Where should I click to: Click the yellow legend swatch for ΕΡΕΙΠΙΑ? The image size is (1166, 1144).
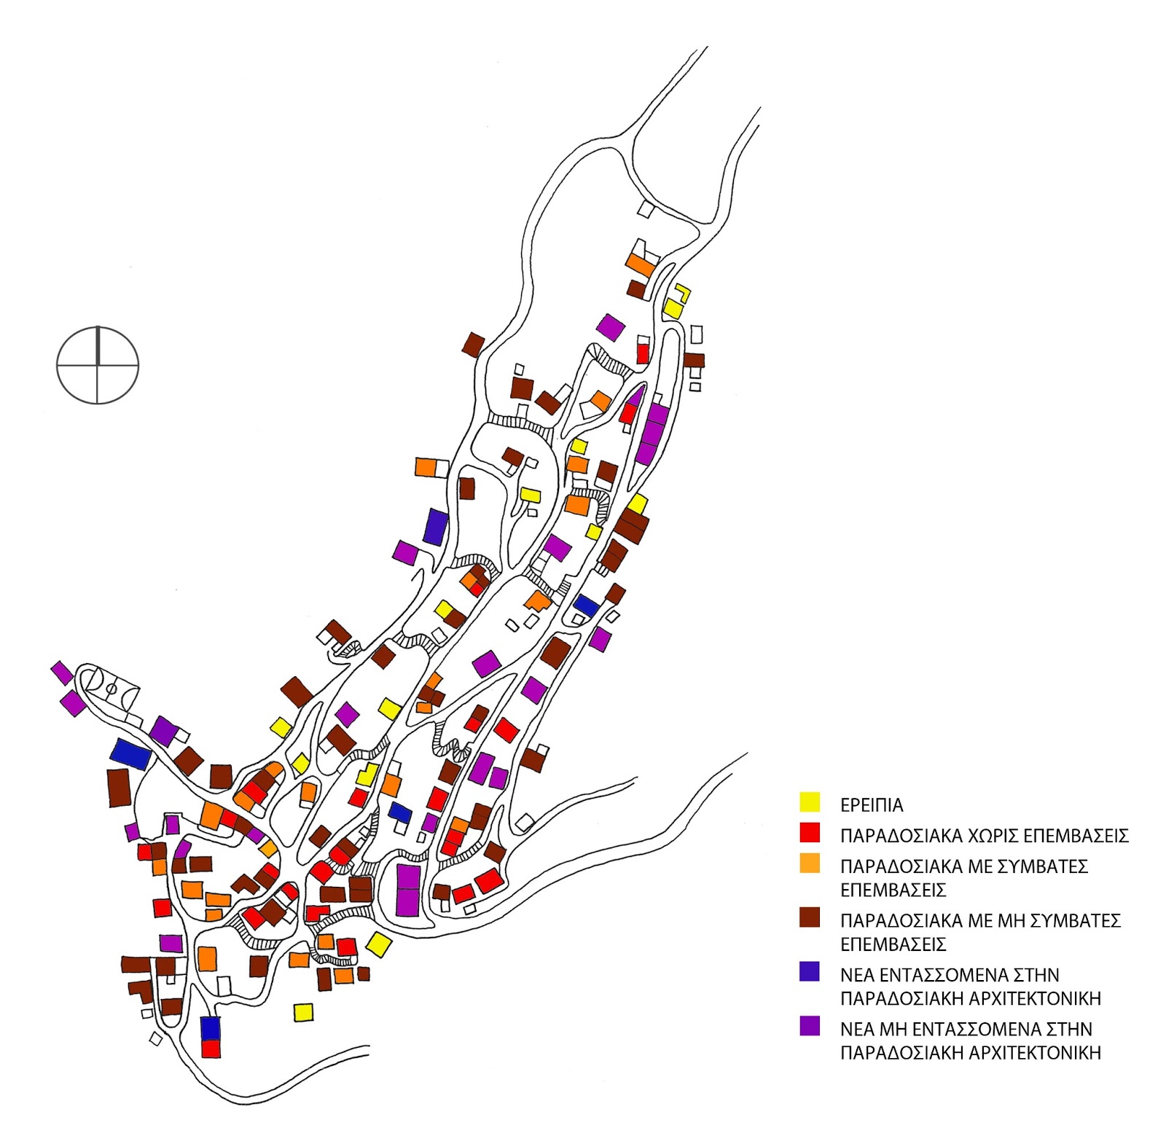tap(810, 802)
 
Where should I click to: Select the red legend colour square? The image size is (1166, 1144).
tap(810, 833)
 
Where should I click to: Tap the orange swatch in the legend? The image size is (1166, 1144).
tap(810, 864)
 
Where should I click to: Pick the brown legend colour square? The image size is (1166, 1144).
tap(810, 918)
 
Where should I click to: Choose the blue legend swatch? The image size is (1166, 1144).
tap(810, 972)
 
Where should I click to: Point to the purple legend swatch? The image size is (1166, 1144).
tap(810, 1026)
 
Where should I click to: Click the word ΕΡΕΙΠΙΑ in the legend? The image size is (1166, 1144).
tap(872, 805)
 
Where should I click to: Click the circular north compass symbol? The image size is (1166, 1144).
tap(98, 364)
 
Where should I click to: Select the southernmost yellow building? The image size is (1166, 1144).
tap(303, 1012)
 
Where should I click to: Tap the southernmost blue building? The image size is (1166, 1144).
tap(210, 1027)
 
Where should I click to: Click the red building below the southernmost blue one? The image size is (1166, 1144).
tap(211, 1049)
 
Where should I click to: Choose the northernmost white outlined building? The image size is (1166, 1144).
tap(646, 208)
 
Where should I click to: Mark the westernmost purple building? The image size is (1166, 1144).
tap(61, 672)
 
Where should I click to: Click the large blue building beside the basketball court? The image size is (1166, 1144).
tap(131, 753)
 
